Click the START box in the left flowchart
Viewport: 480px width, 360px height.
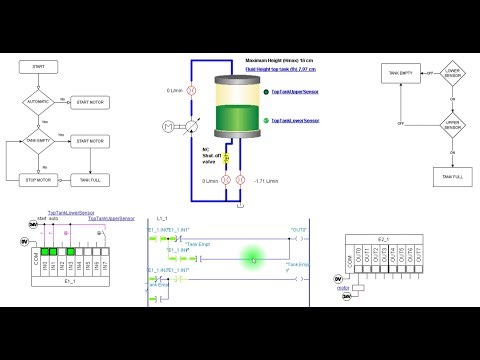39,66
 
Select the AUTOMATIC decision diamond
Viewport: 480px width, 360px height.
39,102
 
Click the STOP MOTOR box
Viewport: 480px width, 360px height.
39,179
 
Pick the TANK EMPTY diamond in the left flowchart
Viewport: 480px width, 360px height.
39,141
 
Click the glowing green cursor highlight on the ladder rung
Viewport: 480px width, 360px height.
254,259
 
